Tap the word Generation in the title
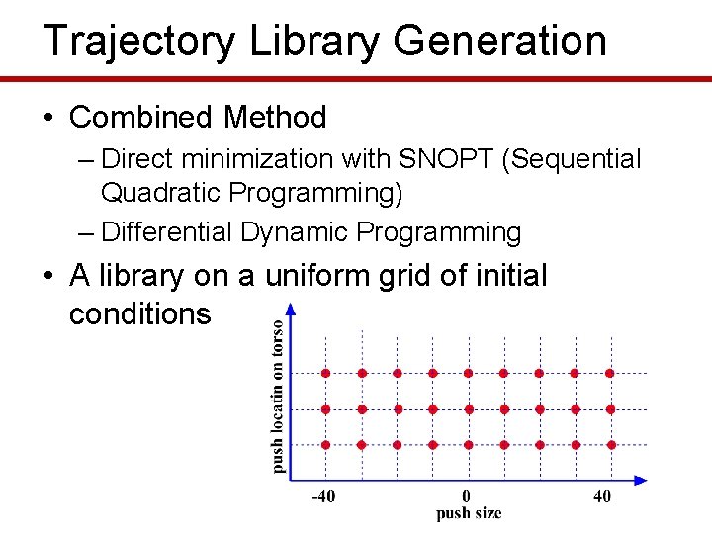pyautogui.click(x=499, y=42)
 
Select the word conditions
pyautogui.click(x=140, y=313)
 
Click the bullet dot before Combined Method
pyautogui.click(x=48, y=118)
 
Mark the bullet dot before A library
pyautogui.click(x=48, y=276)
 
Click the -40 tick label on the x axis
pyautogui.click(x=323, y=496)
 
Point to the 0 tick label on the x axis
pyautogui.click(x=467, y=496)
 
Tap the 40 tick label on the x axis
pyautogui.click(x=602, y=496)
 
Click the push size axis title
pyautogui.click(x=469, y=513)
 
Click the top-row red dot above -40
pyautogui.click(x=325, y=373)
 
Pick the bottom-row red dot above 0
pyautogui.click(x=468, y=445)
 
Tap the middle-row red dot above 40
pyautogui.click(x=609, y=408)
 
